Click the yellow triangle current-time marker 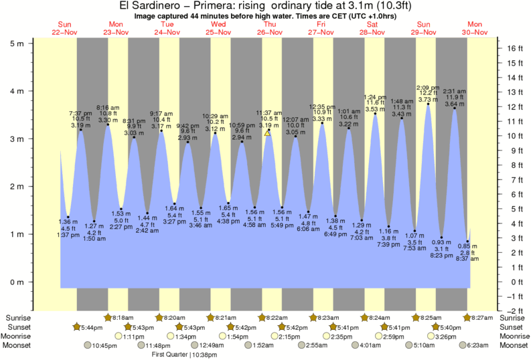(267, 132)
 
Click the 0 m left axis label (17, 282)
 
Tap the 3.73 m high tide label (428, 99)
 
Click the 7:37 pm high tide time (81, 112)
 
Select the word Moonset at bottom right (514, 345)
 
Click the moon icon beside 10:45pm (87, 345)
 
